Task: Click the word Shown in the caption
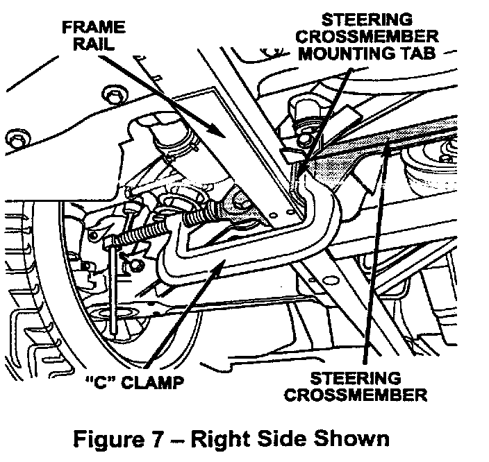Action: point(352,439)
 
